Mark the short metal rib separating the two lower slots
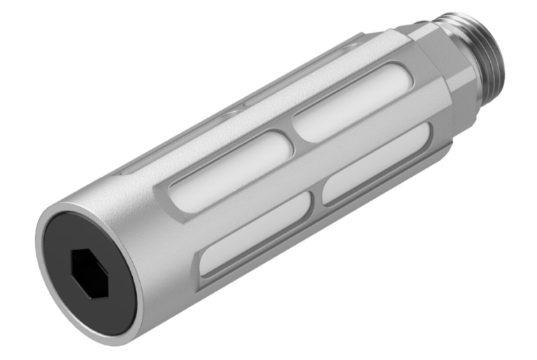coord(318,199)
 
